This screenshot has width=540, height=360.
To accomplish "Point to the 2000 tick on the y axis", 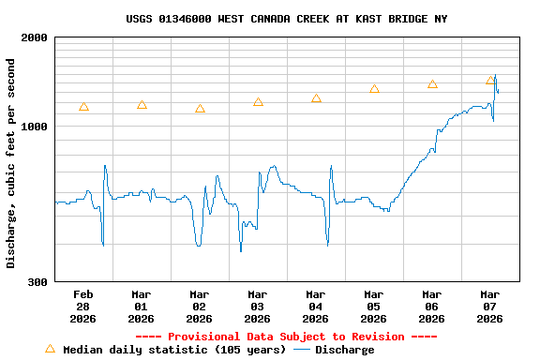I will click(35, 37).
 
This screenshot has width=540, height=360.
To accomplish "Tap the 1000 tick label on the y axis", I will click(35, 127).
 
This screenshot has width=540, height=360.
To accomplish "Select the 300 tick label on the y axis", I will click(38, 281).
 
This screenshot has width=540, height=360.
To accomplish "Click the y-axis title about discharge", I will click(11, 163).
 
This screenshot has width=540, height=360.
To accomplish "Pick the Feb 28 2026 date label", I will click(83, 306).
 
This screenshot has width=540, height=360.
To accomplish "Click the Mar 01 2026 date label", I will click(142, 306).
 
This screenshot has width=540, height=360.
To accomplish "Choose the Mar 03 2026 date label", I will click(258, 306).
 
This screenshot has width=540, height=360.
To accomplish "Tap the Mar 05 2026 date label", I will click(374, 306).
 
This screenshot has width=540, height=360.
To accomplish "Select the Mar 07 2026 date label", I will click(490, 306).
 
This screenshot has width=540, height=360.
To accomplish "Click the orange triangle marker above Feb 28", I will click(83, 107).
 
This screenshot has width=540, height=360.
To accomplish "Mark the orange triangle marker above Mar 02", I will click(200, 109).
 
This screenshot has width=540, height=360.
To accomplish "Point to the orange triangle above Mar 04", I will click(316, 98).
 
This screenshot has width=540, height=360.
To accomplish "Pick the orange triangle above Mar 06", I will click(432, 84).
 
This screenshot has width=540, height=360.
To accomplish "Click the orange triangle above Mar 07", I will click(490, 81).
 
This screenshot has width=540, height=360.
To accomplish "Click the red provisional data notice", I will click(286, 337).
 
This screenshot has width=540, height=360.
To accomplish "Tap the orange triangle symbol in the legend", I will click(50, 349).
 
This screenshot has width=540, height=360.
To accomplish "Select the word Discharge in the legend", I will click(344, 350).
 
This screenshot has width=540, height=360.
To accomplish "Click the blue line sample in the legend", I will click(301, 350).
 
